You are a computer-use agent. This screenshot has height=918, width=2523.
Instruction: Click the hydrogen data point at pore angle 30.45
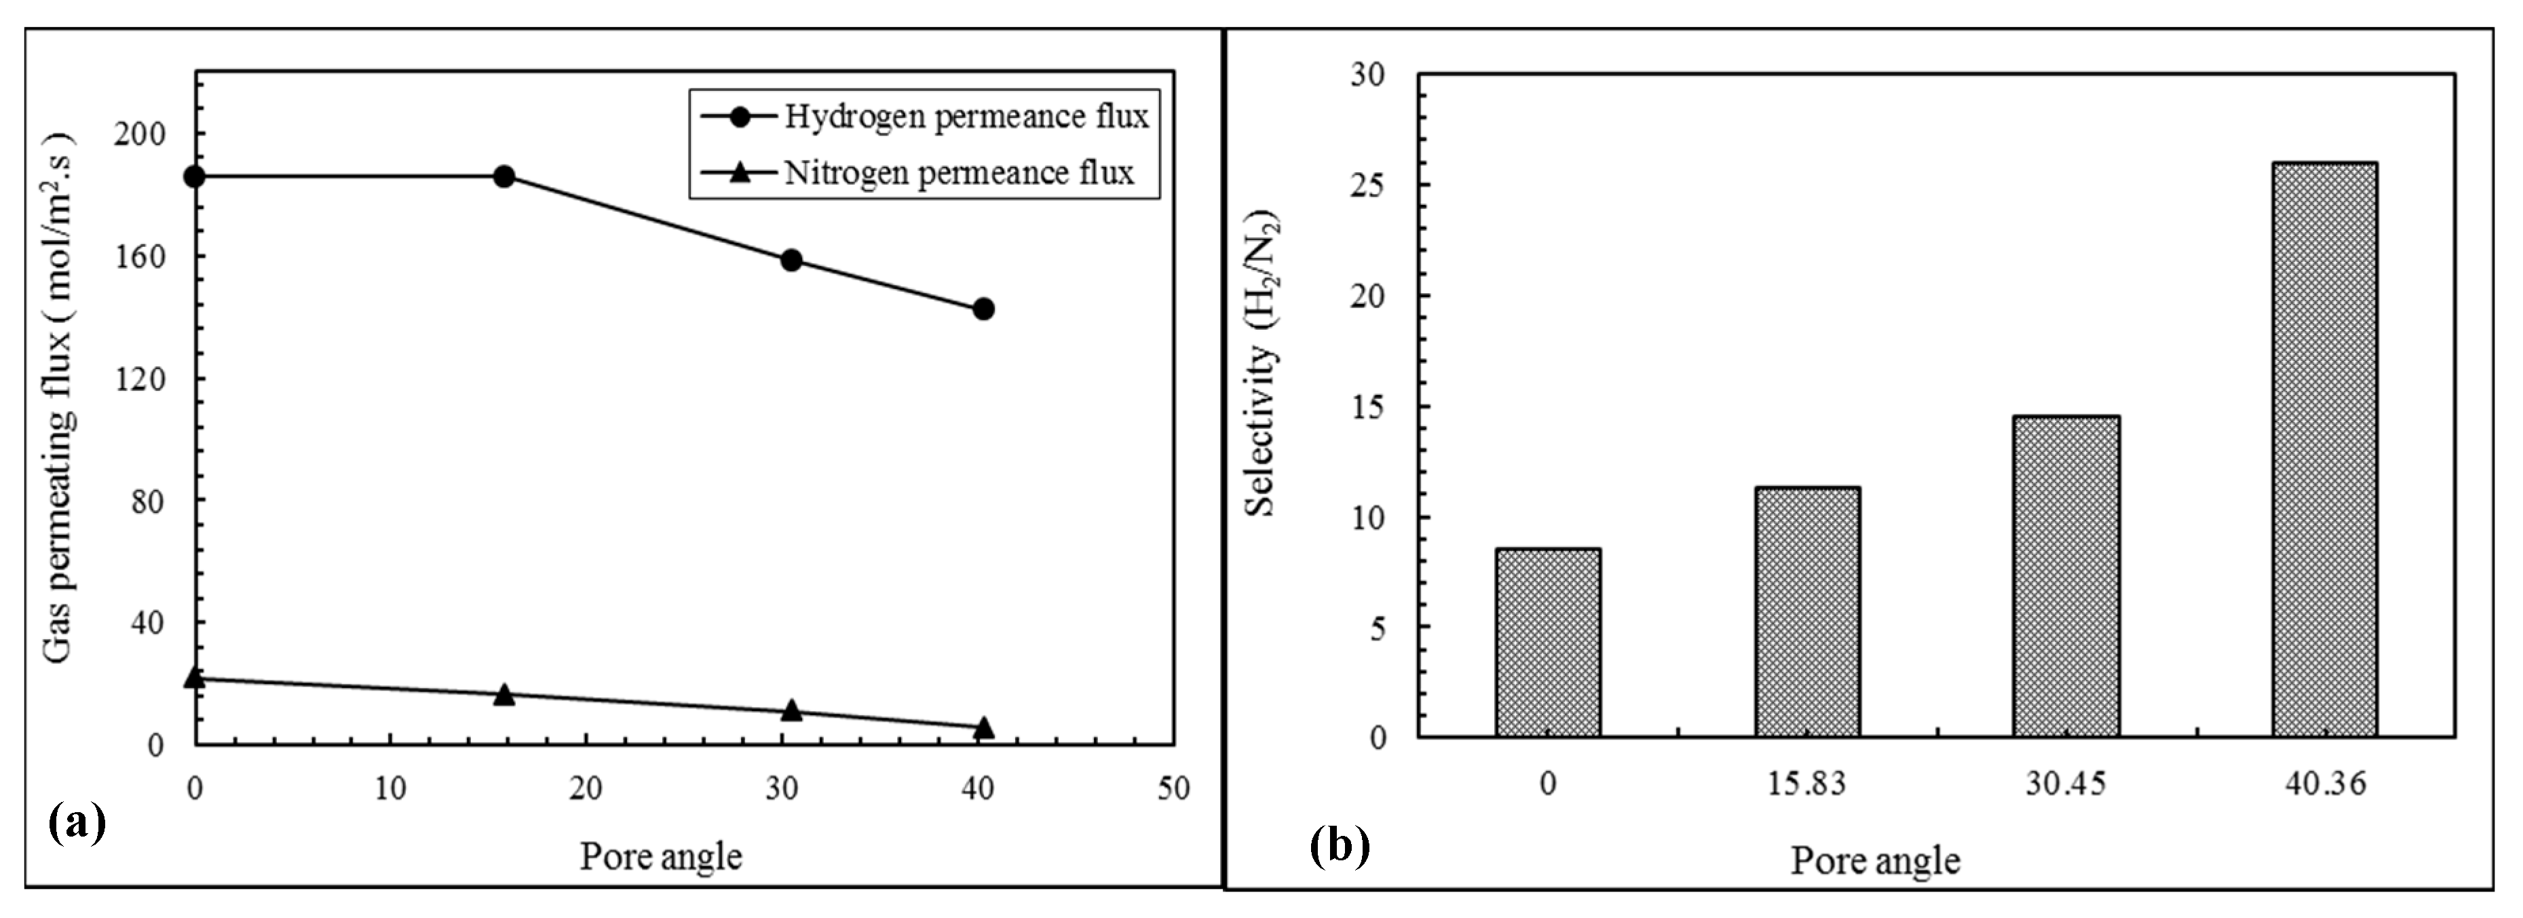pos(791,261)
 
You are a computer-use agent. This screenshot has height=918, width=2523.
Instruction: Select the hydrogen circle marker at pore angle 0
pos(195,176)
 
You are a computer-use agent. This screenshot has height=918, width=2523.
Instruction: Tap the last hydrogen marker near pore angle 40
pos(983,309)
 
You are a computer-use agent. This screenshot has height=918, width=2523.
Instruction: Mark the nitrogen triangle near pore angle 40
pos(983,727)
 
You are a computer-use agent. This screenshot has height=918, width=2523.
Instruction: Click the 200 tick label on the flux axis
pos(139,134)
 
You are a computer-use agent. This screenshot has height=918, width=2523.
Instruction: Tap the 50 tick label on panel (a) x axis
pos(1173,788)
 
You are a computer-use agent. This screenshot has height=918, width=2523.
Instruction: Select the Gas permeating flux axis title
pos(59,397)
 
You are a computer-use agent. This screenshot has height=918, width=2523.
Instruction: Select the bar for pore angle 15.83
pos(1807,611)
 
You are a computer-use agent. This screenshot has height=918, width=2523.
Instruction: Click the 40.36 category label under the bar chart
pos(2325,784)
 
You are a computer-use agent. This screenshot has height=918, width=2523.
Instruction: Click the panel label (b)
pos(1339,845)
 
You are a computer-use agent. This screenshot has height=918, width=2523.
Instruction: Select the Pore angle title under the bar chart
pos(1875,861)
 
